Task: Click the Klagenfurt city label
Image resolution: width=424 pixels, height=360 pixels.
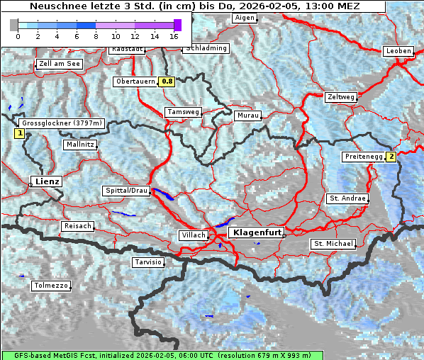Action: pos(258,232)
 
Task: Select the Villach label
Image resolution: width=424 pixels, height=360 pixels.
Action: pos(193,235)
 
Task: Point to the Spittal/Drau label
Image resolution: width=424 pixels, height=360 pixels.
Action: pos(127,191)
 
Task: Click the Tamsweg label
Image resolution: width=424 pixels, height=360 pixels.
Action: pos(183,112)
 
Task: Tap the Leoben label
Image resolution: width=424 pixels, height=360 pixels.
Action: pos(398,51)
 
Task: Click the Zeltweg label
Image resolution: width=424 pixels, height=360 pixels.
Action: pos(341,97)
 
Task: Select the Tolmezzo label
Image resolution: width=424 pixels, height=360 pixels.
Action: pos(51,286)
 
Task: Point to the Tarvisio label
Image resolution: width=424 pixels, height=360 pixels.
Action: pos(148,262)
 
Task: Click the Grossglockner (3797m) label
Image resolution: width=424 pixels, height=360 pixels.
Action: pos(62,123)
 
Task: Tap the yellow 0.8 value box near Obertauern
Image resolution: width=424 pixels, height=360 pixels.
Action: pos(167,81)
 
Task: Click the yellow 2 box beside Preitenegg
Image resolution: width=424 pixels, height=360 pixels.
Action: pos(391,157)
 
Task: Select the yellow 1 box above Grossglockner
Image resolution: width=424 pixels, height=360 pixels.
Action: pos(19,133)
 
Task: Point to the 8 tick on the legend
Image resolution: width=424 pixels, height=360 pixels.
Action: pos(96,35)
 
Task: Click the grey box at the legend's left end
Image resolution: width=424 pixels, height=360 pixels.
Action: pos(13,25)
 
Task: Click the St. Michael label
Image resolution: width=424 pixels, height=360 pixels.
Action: pos(333,244)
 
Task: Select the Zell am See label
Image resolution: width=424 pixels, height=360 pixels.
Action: pos(60,64)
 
